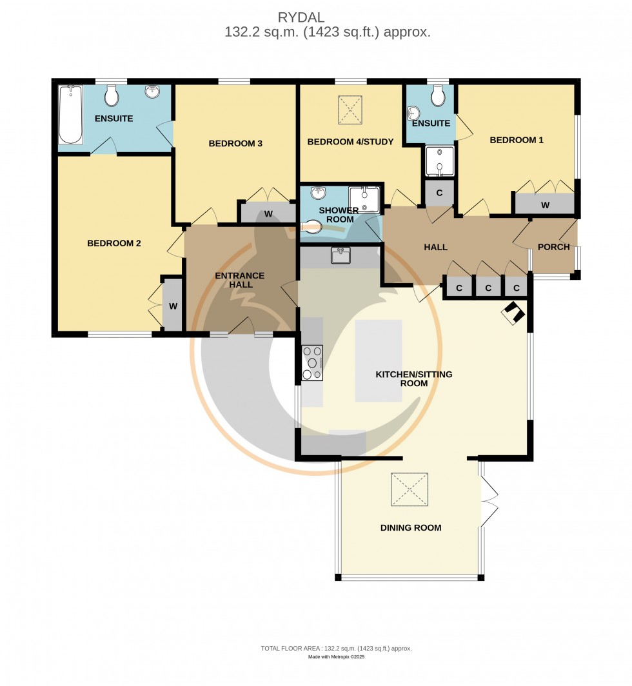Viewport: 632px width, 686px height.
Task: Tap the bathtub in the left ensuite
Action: (70, 115)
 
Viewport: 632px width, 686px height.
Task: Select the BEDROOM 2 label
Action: (114, 244)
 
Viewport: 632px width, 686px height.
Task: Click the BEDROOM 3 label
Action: (235, 143)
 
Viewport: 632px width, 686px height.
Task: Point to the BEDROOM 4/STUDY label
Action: (350, 142)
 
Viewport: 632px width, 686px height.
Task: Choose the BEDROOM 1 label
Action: (517, 140)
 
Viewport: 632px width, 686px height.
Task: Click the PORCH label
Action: (554, 247)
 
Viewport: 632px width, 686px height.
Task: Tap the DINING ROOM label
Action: (411, 527)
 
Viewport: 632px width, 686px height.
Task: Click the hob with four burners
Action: (312, 363)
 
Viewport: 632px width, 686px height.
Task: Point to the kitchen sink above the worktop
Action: (340, 255)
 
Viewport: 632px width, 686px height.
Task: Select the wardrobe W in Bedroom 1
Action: (545, 205)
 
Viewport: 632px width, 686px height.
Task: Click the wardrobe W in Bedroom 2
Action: (173, 306)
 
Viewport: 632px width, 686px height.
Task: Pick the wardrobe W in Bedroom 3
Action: (268, 214)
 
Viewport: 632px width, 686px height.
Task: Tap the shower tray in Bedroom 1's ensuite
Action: (439, 161)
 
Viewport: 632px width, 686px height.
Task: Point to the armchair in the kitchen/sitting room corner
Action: (515, 313)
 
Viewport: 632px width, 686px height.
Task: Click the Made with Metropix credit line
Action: (337, 657)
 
